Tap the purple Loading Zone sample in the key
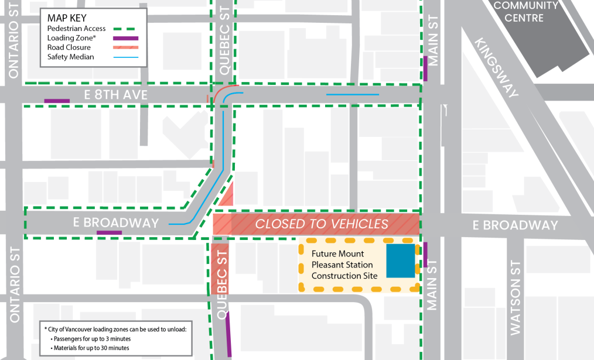pyautogui.click(x=126, y=38)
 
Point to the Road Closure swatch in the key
pyautogui.click(x=126, y=47)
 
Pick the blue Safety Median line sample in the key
pyautogui.click(x=126, y=57)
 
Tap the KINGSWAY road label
pyautogui.click(x=497, y=69)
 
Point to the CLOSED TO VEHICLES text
pyautogui.click(x=322, y=224)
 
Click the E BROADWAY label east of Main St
pyautogui.click(x=515, y=225)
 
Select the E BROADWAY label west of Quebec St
pyautogui.click(x=116, y=223)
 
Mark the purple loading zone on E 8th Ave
pyautogui.click(x=57, y=101)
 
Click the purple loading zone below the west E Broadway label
pyautogui.click(x=109, y=233)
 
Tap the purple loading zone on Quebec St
pyautogui.click(x=228, y=334)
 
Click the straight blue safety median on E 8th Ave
pyautogui.click(x=352, y=95)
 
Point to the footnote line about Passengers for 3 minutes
pyautogui.click(x=91, y=339)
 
